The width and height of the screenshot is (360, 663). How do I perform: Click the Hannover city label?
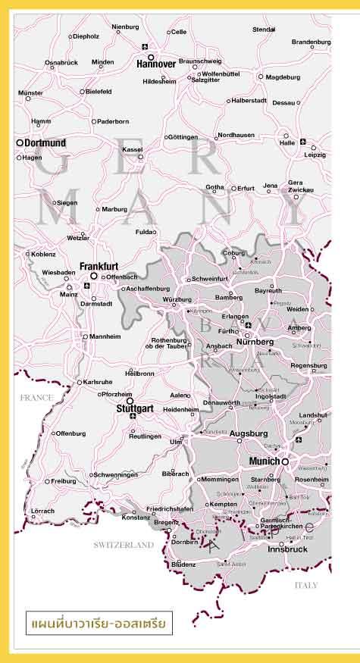(156, 64)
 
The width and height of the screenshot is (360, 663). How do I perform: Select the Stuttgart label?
(135, 408)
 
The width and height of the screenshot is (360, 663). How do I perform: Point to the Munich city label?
(265, 461)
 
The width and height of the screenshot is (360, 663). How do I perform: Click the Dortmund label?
(45, 142)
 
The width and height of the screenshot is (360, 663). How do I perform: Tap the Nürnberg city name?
(255, 342)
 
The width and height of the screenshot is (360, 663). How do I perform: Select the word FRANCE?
(37, 397)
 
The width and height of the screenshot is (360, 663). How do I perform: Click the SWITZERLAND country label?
(124, 545)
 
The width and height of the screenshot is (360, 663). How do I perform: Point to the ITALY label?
(306, 585)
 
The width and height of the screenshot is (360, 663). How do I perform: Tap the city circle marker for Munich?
(285, 461)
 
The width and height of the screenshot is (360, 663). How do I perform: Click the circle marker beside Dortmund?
(20, 142)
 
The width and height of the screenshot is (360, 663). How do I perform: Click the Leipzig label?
(315, 155)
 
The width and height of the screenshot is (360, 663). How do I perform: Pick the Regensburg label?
(308, 365)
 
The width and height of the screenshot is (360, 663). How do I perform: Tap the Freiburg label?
(64, 481)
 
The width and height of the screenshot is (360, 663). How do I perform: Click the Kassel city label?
(132, 149)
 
